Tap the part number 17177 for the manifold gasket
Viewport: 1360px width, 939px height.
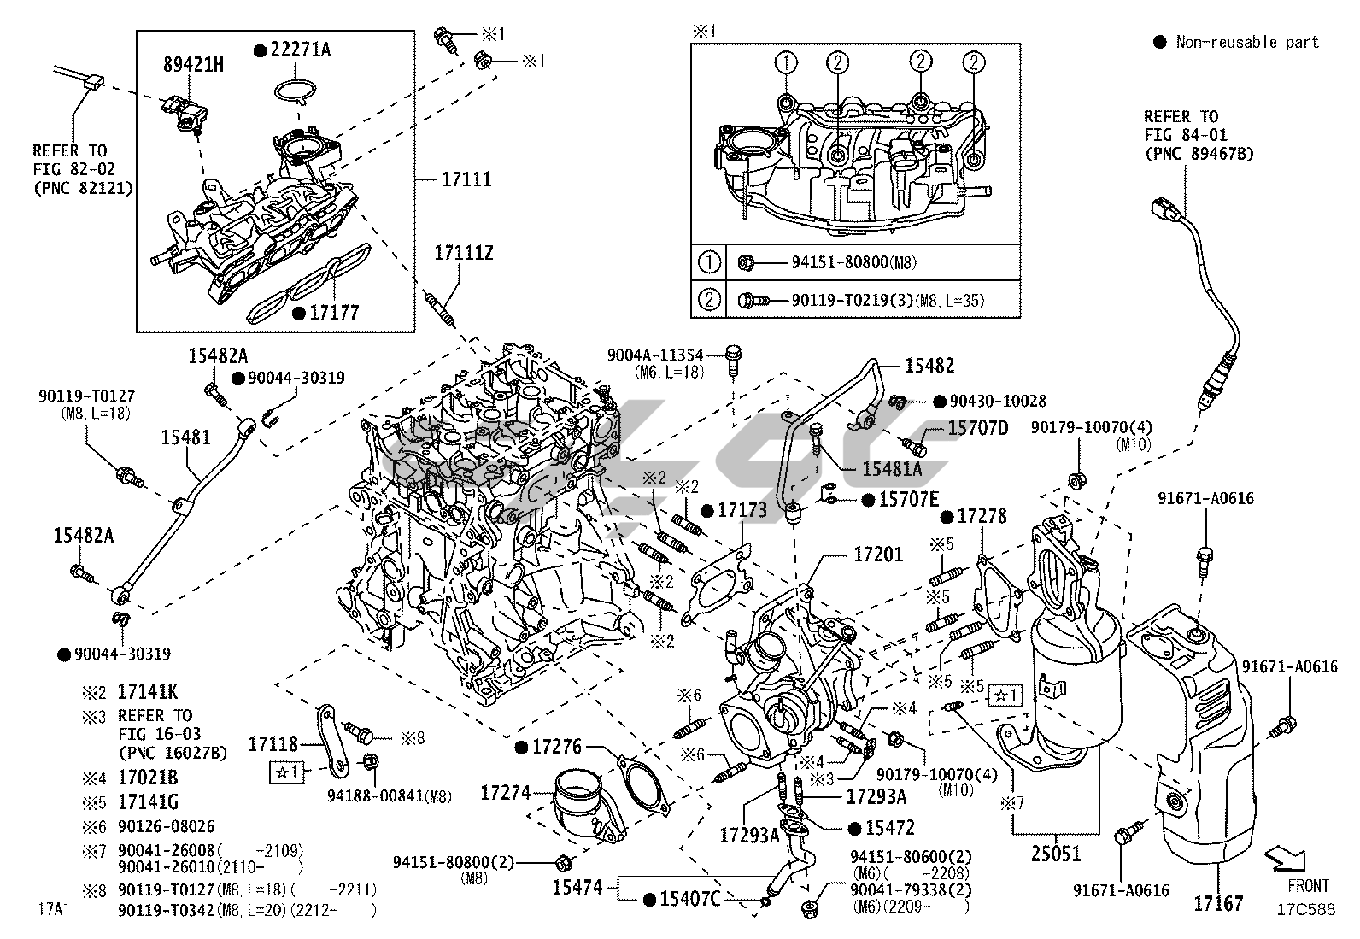coord(334,313)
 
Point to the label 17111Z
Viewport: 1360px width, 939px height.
coord(464,253)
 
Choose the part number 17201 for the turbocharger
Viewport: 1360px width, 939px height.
coord(877,555)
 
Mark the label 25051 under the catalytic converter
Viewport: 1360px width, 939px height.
coord(1055,853)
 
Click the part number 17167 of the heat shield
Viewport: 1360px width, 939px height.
coord(1218,902)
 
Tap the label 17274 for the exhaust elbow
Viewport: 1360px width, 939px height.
coord(506,794)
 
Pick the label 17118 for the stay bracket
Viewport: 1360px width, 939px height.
coord(273,744)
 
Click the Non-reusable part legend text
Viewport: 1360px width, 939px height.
coord(1247,42)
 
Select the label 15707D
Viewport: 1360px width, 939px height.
coord(978,427)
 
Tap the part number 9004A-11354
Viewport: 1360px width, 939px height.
coord(656,355)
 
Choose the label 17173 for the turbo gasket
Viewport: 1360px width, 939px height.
coord(742,510)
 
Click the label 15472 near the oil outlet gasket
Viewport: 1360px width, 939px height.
coord(890,828)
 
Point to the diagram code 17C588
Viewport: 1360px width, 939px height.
coord(1306,909)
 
